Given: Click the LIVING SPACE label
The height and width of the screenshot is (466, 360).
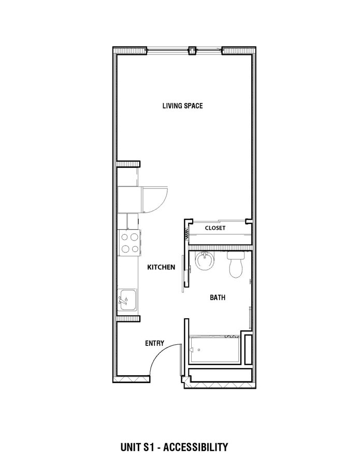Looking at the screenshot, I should [x=182, y=106].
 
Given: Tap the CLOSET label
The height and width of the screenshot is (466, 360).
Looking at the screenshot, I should [x=214, y=228].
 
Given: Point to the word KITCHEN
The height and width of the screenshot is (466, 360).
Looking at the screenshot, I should [x=161, y=267].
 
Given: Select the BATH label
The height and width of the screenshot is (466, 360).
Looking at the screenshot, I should [x=217, y=298].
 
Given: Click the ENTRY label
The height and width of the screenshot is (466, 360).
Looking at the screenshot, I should [x=154, y=343].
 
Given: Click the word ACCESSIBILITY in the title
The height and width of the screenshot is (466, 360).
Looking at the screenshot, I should [x=196, y=446].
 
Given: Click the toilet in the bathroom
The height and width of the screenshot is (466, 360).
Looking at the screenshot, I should [x=236, y=265].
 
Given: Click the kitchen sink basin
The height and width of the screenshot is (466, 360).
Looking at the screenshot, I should [x=128, y=300].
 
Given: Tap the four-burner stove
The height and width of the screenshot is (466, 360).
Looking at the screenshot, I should [x=129, y=243].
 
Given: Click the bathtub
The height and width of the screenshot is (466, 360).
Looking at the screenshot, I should [x=215, y=350].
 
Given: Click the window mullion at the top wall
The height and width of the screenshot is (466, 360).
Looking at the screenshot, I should [x=192, y=50].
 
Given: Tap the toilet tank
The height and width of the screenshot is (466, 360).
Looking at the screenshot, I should [x=236, y=256].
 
